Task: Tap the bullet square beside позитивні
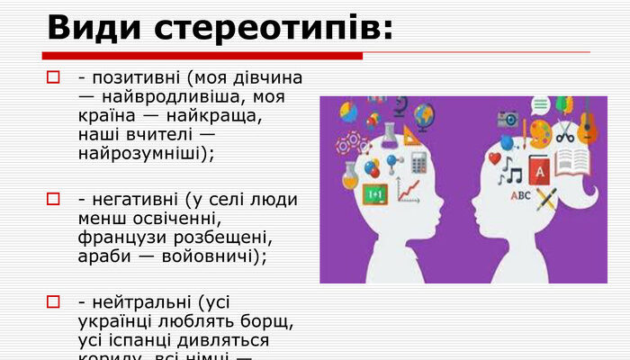pos(53,77)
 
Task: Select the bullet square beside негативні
pos(53,199)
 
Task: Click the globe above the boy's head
pos(423,113)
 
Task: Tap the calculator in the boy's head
pos(418,162)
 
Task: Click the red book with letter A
pos(539,168)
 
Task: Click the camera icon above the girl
pos(508,118)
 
